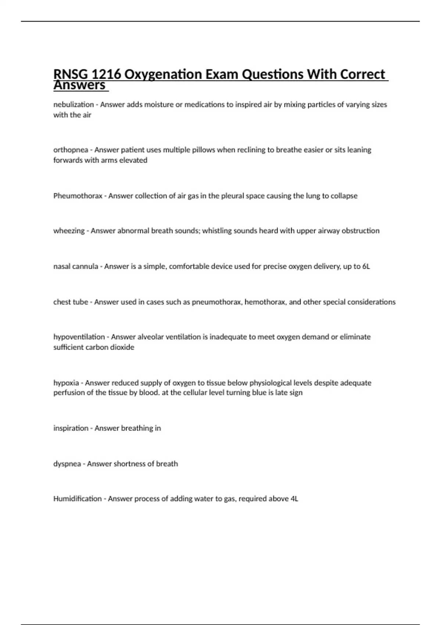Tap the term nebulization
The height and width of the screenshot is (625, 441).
pyautogui.click(x=73, y=105)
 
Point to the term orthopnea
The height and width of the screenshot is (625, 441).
pyautogui.click(x=71, y=150)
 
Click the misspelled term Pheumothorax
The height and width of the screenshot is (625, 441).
pyautogui.click(x=78, y=196)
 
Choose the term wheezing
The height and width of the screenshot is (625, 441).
pyautogui.click(x=69, y=231)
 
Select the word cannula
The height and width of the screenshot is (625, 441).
pyautogui.click(x=86, y=266)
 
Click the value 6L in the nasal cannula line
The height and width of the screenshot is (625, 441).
pyautogui.click(x=366, y=266)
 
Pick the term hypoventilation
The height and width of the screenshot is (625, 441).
pyautogui.click(x=79, y=337)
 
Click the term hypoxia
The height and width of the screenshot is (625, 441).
pyautogui.click(x=66, y=383)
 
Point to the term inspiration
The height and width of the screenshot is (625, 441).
pyautogui.click(x=71, y=428)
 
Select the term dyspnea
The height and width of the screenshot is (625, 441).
pyautogui.click(x=67, y=464)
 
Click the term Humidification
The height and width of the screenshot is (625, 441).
pyautogui.click(x=78, y=499)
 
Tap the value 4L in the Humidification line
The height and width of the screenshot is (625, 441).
pyautogui.click(x=294, y=499)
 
